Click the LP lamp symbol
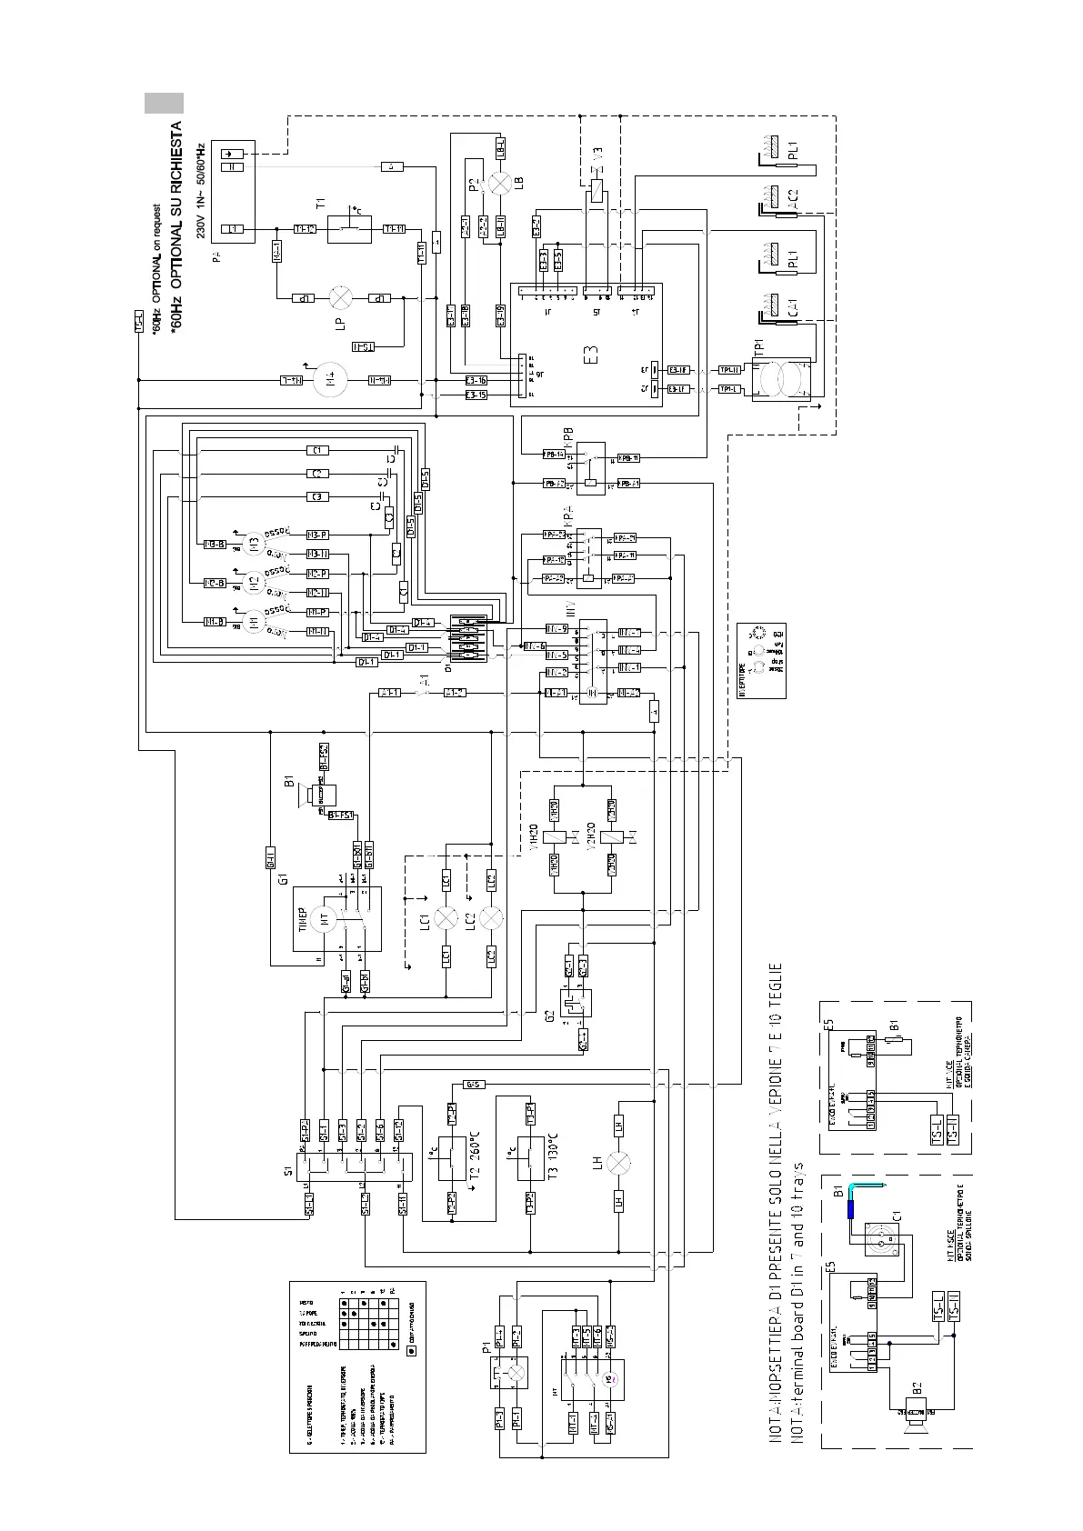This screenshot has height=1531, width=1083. click(x=340, y=297)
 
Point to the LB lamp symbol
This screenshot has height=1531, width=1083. click(x=499, y=183)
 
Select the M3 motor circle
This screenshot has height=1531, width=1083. click(x=255, y=544)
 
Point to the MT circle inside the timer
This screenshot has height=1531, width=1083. click(x=324, y=919)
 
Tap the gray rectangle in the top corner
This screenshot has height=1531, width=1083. click(x=164, y=103)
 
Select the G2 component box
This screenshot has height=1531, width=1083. click(x=577, y=1004)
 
